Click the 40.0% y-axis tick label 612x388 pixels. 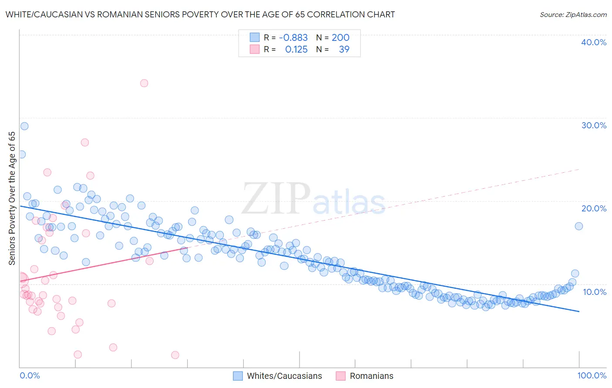pos(594,42)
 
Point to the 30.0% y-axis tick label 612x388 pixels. pos(594,125)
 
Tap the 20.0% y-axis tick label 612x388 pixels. pos(594,208)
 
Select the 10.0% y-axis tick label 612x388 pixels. pos(595,291)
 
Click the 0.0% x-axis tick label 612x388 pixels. pos(30,375)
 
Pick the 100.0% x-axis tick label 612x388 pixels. pos(592,375)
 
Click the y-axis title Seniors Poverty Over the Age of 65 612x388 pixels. pos(12,198)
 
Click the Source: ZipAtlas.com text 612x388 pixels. pos(573,14)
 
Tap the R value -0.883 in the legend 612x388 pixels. pos(293,38)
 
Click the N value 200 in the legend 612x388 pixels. pos(340,38)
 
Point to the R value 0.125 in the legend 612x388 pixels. pos(296,50)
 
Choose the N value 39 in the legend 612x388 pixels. pos(344,50)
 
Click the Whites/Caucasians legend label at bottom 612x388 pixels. pos(284,376)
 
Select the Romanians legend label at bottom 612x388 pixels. pos(371,376)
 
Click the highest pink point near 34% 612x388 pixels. pos(144,83)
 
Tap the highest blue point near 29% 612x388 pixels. pos(24,126)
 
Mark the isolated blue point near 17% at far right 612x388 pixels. pos(578,226)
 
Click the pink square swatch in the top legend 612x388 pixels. pos(255,50)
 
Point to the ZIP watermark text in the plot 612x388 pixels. pos(276,198)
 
